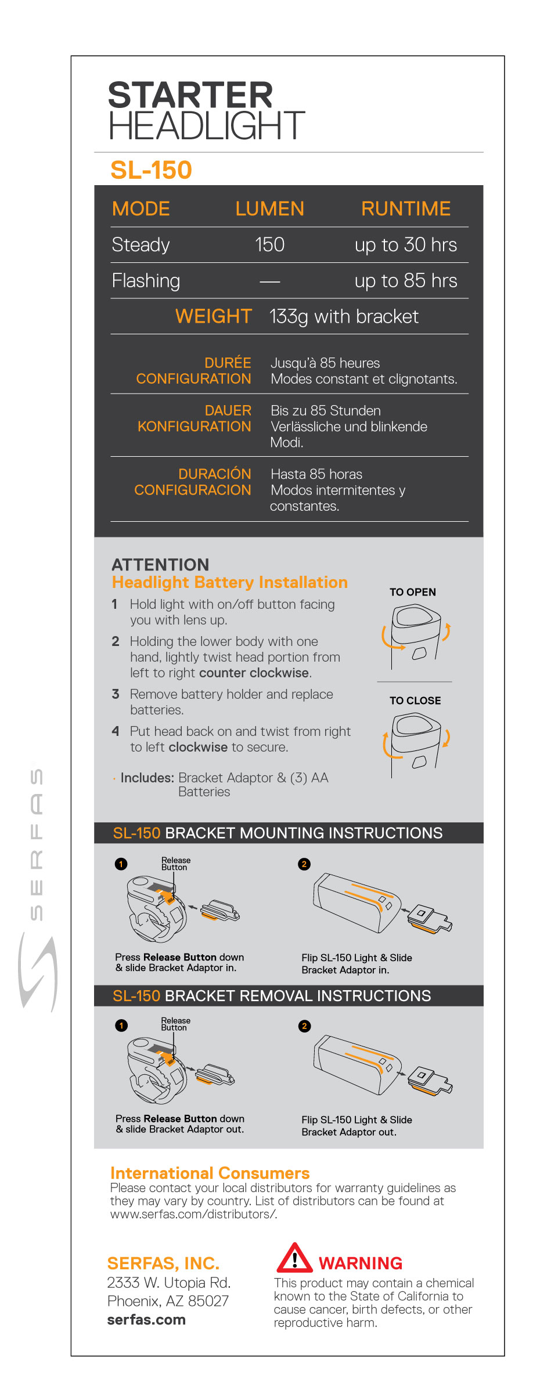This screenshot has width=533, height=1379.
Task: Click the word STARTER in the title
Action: click(190, 95)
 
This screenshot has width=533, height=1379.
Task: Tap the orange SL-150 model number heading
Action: click(151, 170)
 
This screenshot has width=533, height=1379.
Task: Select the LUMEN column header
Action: click(269, 209)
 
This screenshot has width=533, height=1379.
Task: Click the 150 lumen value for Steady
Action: click(269, 245)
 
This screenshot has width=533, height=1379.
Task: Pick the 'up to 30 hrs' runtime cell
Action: click(405, 245)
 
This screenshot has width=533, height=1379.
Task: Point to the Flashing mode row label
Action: click(146, 281)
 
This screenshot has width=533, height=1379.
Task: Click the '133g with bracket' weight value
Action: click(344, 317)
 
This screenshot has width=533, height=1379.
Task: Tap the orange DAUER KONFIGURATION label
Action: click(195, 418)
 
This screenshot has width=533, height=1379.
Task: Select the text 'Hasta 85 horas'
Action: click(316, 474)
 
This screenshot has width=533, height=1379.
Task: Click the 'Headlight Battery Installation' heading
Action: click(229, 582)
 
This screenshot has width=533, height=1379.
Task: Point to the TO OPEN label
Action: click(412, 592)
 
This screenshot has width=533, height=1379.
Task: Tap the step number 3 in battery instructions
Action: click(116, 694)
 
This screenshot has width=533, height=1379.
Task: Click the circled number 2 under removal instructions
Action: click(304, 1026)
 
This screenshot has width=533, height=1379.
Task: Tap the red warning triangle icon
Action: click(294, 1258)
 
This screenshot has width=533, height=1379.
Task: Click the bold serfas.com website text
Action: click(146, 1320)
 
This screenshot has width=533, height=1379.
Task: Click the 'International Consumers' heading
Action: click(210, 1173)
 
